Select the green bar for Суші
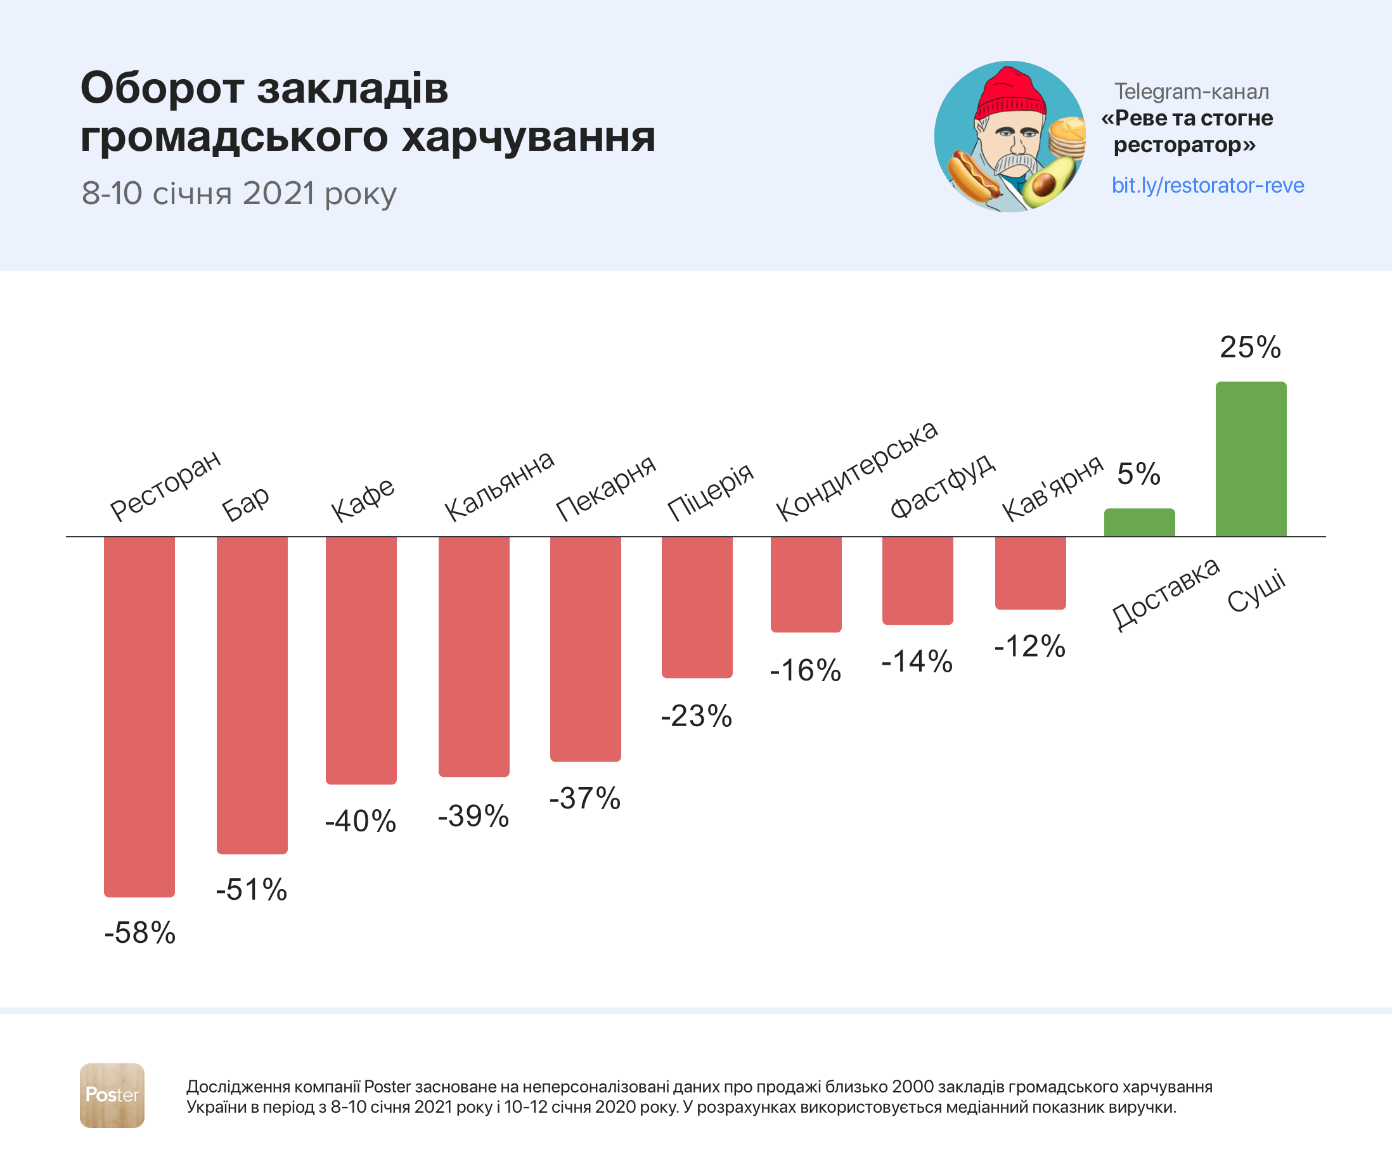click(1251, 459)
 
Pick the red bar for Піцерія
click(697, 607)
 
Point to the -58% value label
click(140, 933)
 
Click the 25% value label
click(1250, 347)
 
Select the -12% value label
click(1029, 646)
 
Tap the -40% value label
click(361, 821)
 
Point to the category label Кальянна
click(499, 485)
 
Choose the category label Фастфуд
click(943, 486)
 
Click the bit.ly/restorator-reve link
click(1208, 185)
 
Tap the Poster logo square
click(112, 1096)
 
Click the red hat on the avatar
click(1010, 94)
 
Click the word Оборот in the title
click(162, 88)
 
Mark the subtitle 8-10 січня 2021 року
click(239, 193)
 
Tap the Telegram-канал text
click(1192, 91)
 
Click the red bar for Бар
click(252, 694)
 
